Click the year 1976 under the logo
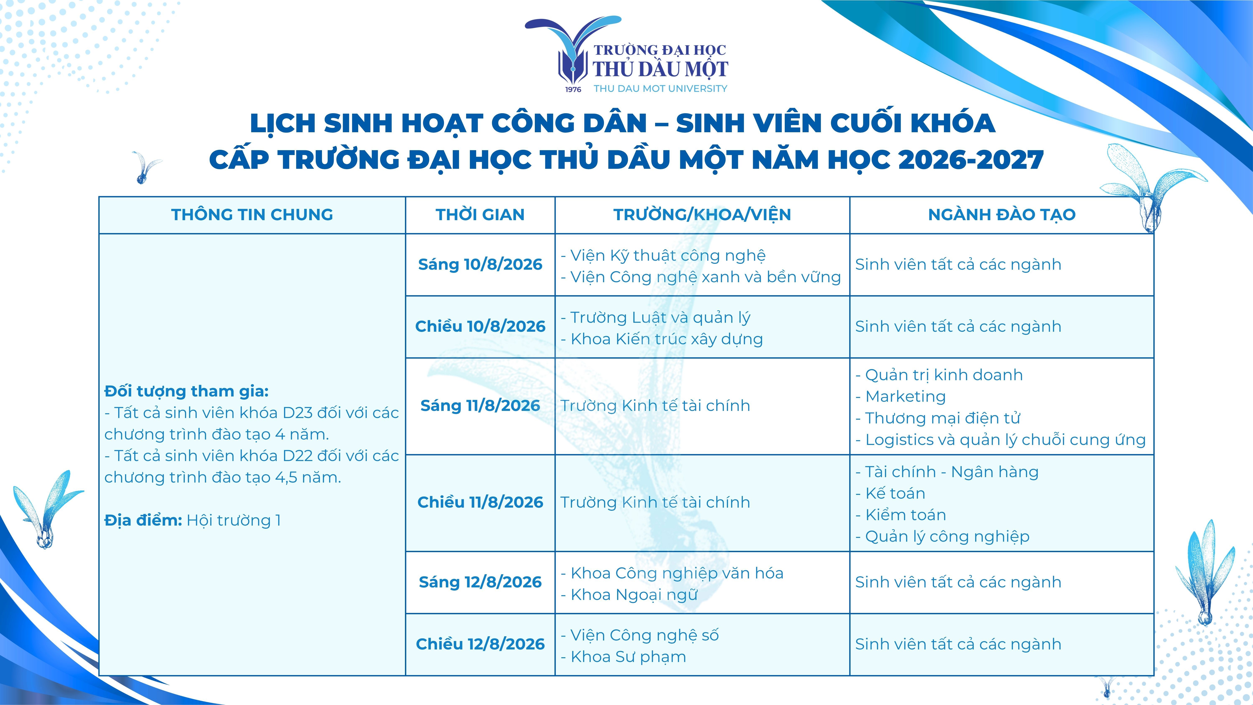click(573, 90)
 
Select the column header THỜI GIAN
click(480, 215)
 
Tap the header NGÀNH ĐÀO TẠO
click(1002, 215)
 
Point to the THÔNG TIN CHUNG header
click(252, 215)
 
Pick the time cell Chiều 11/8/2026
click(480, 502)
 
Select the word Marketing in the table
click(906, 396)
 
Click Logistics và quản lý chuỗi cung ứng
click(1001, 440)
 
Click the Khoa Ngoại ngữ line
click(629, 594)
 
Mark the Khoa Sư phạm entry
click(623, 657)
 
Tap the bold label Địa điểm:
click(143, 520)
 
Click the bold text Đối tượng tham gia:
click(186, 391)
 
